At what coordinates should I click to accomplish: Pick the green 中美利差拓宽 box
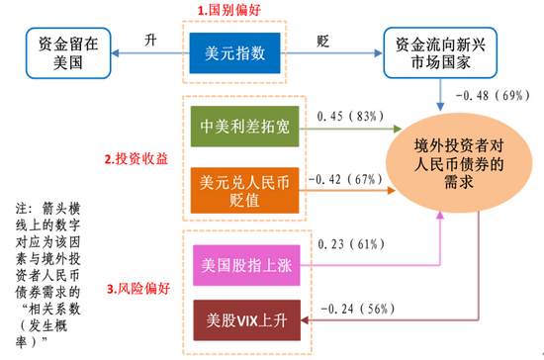pyautogui.click(x=233, y=128)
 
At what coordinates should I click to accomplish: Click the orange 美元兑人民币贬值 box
pyautogui.click(x=233, y=191)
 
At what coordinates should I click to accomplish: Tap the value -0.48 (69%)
pyautogui.click(x=492, y=96)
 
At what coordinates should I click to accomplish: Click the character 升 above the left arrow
pyautogui.click(x=150, y=41)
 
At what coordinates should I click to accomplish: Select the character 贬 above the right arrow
pyautogui.click(x=322, y=41)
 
